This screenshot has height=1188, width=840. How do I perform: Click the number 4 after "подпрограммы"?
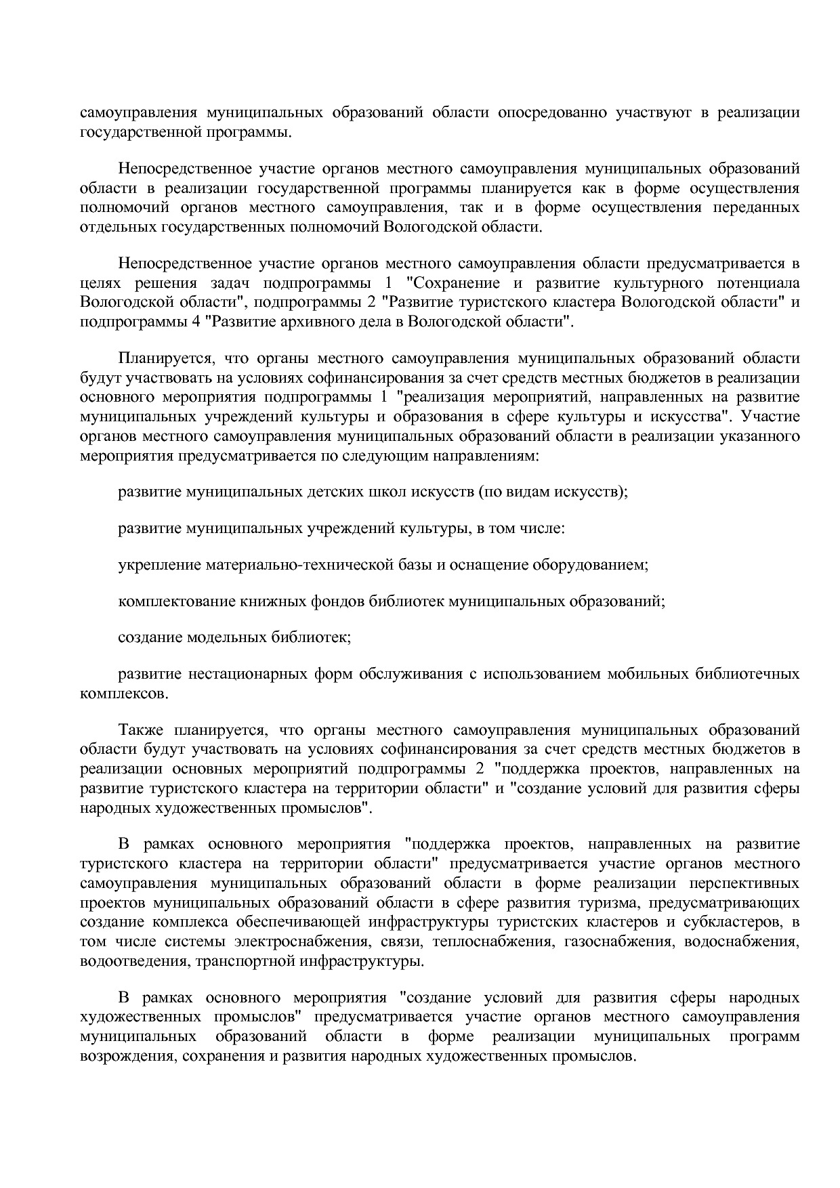click(x=196, y=322)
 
